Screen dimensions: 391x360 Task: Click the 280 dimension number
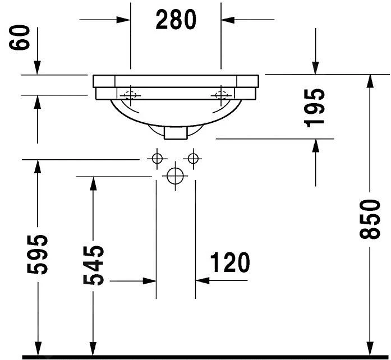176,20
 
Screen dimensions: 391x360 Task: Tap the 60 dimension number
19,38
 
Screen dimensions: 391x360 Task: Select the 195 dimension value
315,108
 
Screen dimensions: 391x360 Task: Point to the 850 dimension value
370,219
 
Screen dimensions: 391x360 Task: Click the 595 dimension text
37,254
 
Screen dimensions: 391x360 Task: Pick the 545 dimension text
93,265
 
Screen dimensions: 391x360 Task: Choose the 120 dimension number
230,262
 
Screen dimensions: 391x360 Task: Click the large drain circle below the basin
175,176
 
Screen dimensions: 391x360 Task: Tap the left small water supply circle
157,158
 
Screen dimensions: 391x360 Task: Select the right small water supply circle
193,158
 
